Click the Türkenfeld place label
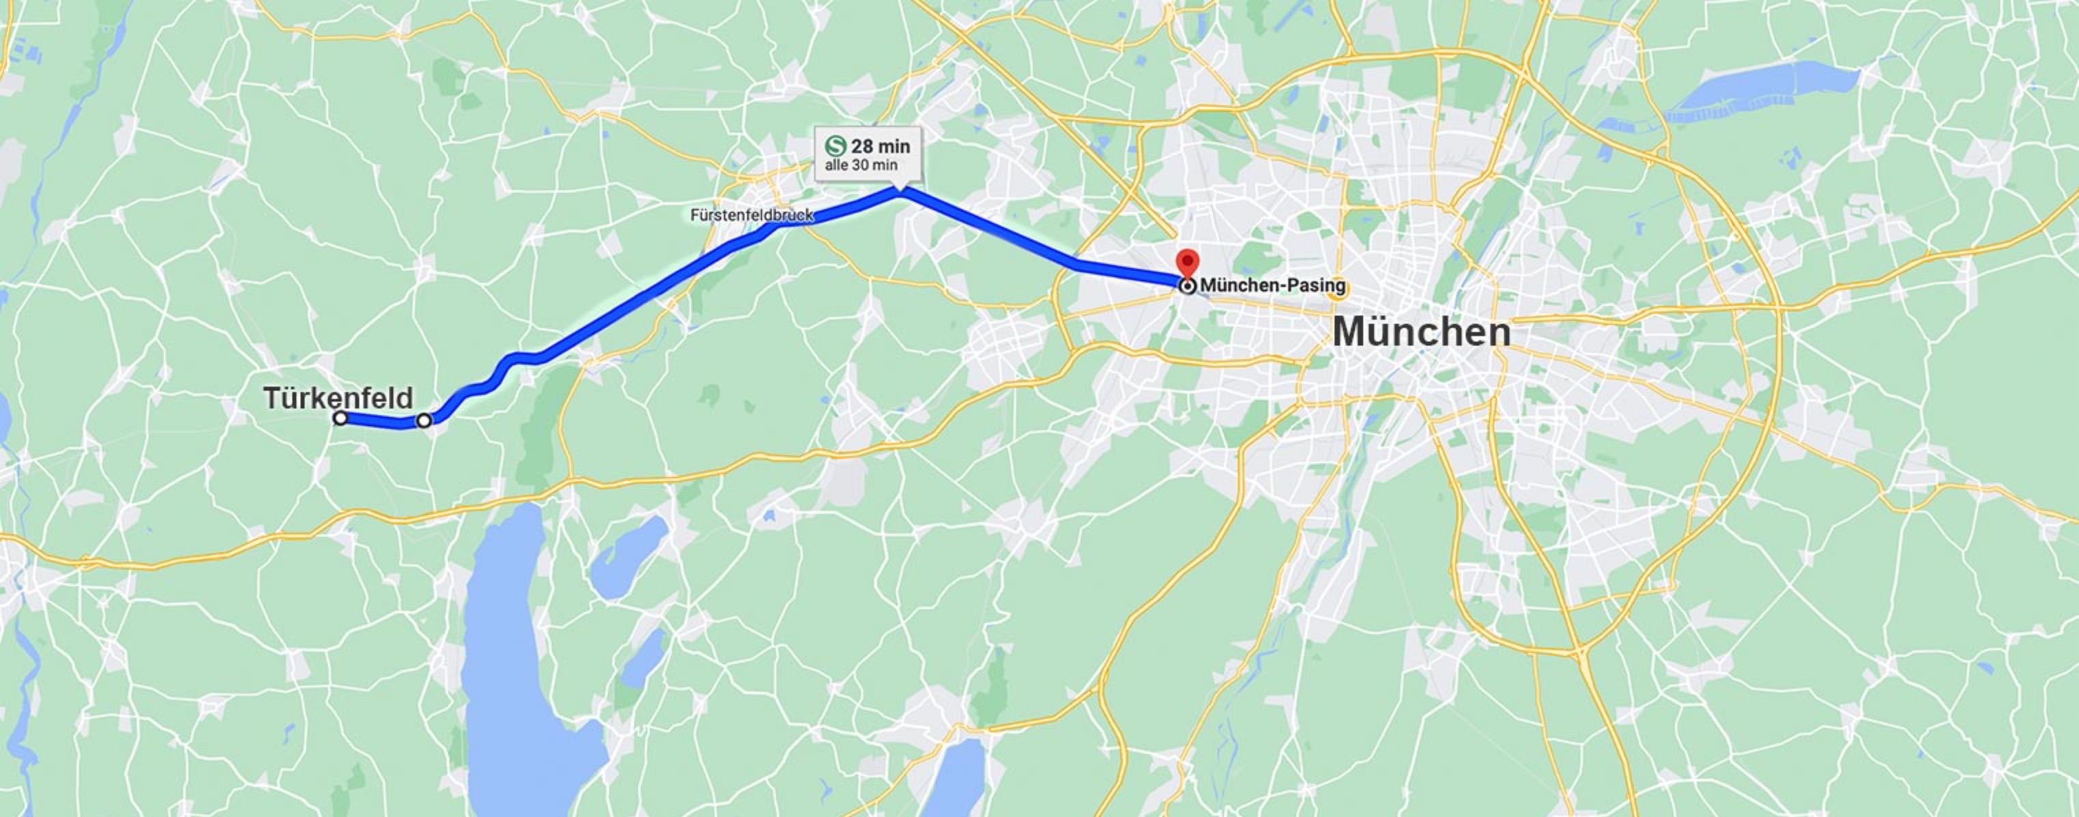(x=338, y=398)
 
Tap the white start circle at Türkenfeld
(x=341, y=418)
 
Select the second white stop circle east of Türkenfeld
(x=423, y=420)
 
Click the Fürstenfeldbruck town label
(x=751, y=216)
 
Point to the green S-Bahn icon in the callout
(x=835, y=146)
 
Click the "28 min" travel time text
(x=880, y=146)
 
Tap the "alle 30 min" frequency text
(x=861, y=165)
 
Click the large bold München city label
(x=1421, y=332)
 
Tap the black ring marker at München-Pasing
(x=1188, y=286)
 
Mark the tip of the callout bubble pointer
(x=900, y=191)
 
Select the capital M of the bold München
(x=1352, y=332)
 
